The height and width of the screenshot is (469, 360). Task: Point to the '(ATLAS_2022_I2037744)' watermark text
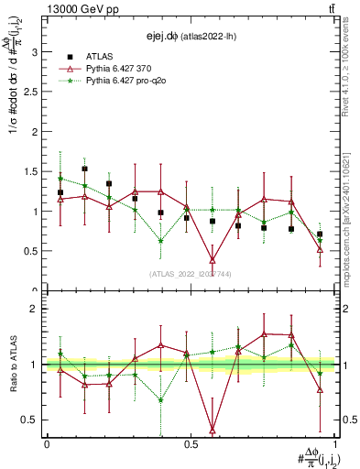point(191,274)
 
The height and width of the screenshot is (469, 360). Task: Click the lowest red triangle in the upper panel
point(213,260)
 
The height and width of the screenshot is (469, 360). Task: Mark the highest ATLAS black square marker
point(85,169)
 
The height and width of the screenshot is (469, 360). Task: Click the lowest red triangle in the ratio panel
point(213,429)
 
